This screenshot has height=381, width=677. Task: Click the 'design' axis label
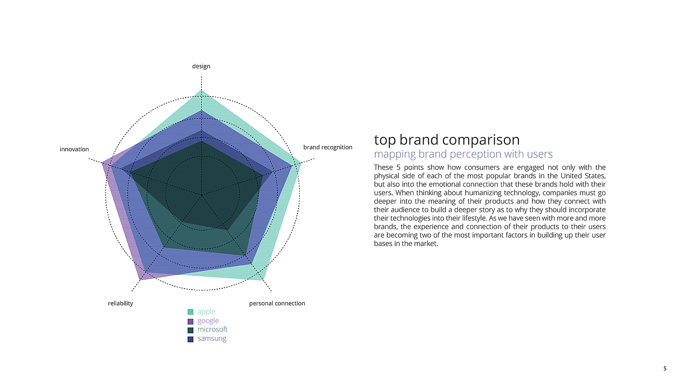click(201, 66)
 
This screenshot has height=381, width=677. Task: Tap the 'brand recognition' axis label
click(327, 147)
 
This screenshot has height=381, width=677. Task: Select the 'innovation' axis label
click(74, 149)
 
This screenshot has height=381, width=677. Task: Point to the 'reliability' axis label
click(120, 303)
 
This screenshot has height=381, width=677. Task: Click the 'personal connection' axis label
click(277, 303)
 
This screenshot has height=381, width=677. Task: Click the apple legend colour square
click(191, 312)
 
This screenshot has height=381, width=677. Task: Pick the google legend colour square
click(191, 321)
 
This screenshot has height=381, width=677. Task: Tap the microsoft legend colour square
click(191, 330)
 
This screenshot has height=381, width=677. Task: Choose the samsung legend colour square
click(191, 339)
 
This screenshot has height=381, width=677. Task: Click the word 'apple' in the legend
click(206, 312)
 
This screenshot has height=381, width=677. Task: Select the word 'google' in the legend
click(208, 321)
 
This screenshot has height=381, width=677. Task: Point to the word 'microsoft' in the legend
click(212, 330)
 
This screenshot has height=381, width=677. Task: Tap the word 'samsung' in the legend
click(212, 338)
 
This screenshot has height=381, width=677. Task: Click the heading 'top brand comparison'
click(447, 140)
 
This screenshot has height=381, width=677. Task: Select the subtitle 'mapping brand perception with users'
click(463, 154)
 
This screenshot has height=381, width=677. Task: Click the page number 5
click(664, 368)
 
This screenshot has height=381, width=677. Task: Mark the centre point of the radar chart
click(202, 194)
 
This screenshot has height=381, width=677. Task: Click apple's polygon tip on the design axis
click(201, 90)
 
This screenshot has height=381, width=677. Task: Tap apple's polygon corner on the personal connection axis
click(264, 280)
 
